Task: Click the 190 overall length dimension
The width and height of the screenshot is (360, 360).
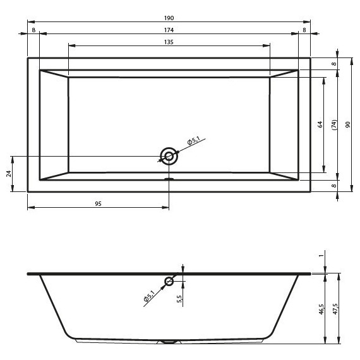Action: coord(169,18)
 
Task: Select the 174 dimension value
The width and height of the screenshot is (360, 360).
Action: coord(169,30)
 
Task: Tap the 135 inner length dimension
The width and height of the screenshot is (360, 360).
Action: coord(169,42)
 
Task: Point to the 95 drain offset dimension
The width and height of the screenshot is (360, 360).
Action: coord(98,203)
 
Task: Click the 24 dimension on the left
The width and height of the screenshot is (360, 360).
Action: coord(9,174)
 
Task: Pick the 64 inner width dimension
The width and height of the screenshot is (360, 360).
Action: coord(320,124)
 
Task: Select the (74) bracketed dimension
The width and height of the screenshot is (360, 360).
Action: coord(335,125)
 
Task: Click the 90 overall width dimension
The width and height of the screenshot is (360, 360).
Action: coord(347,124)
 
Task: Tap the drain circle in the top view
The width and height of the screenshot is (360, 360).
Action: coord(169,156)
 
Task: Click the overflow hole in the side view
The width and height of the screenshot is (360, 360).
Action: coord(169,281)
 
